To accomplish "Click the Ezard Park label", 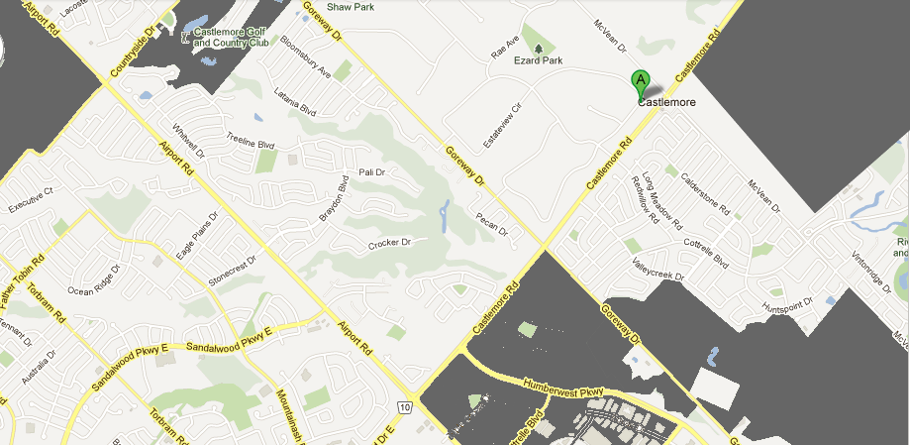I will click(x=538, y=61).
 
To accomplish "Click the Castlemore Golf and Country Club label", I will click(x=231, y=38).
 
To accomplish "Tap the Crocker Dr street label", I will click(x=389, y=243).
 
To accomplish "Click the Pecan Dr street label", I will click(x=491, y=224).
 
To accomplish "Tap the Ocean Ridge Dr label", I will click(x=93, y=280).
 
